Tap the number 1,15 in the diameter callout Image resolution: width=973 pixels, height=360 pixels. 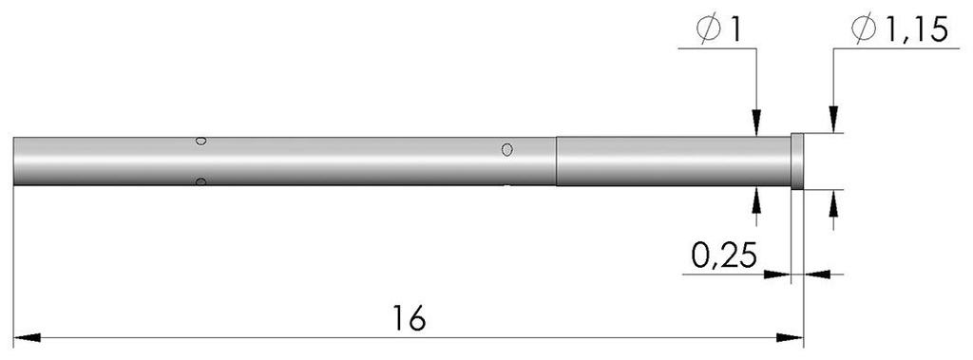pos(917,31)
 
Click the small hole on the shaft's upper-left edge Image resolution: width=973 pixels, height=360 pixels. pos(200,142)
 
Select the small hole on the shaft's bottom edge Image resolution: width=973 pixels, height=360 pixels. pos(200,180)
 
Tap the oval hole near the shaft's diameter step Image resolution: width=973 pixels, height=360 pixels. pos(507,149)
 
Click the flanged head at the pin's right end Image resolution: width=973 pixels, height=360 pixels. pos(797,161)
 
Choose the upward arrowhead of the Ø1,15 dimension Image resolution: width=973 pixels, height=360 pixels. pos(833,201)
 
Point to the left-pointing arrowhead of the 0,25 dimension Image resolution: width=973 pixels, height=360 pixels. pos(815,275)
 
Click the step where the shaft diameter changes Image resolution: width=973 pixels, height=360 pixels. pos(556,161)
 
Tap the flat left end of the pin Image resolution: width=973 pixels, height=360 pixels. pos(15,161)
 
